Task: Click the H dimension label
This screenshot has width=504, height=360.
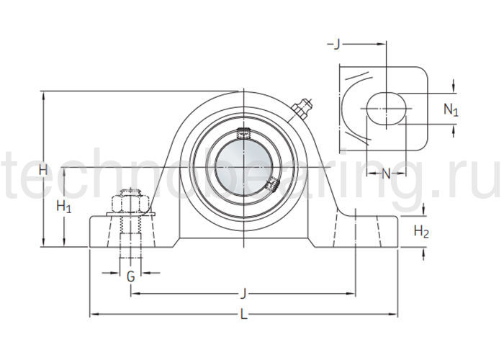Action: click(x=43, y=171)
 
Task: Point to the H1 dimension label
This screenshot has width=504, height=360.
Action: click(x=64, y=207)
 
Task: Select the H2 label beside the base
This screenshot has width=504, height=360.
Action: click(x=422, y=231)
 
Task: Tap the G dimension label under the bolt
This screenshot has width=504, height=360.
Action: click(x=130, y=275)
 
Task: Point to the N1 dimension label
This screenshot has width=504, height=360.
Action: click(x=450, y=110)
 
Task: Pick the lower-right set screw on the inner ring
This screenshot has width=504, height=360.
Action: click(x=272, y=186)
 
